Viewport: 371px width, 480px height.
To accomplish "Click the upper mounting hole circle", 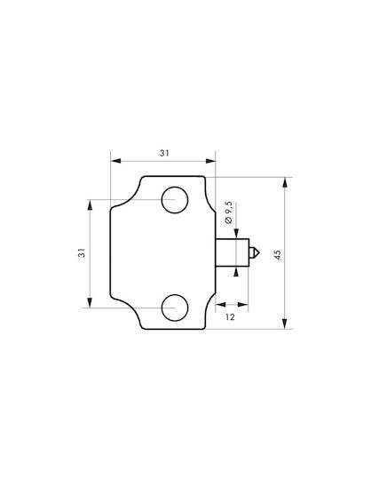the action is [175, 187].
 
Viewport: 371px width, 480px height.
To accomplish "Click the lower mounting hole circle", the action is [175, 295].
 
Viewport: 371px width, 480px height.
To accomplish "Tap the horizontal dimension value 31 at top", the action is [164, 153].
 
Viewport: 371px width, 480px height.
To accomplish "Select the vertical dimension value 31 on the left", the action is [82, 252].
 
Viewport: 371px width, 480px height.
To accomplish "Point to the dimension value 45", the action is [278, 255].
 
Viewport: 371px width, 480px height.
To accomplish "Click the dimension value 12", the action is [230, 317].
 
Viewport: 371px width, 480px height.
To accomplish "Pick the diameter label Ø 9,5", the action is [229, 212].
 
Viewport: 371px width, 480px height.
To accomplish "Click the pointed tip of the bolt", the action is [259, 252].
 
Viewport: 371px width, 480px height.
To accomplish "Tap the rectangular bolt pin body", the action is [233, 252].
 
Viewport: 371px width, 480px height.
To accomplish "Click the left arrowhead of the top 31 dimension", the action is [115, 161].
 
